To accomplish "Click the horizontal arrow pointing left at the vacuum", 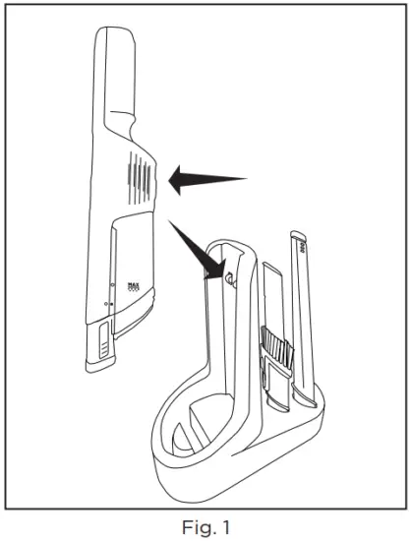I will [204, 179].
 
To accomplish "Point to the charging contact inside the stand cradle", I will [228, 278].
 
